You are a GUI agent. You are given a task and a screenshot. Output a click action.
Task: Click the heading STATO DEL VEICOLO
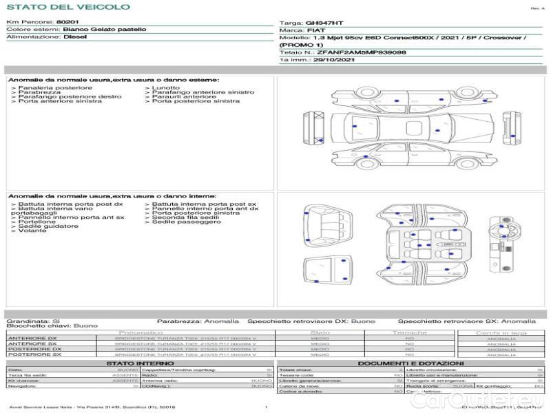pyautogui.click(x=67, y=8)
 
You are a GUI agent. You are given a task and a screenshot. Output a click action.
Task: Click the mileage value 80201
pyautogui.click(x=67, y=23)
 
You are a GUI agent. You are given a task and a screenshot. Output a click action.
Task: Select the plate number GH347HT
pyautogui.click(x=324, y=23)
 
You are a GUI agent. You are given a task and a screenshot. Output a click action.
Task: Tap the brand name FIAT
pyautogui.click(x=311, y=31)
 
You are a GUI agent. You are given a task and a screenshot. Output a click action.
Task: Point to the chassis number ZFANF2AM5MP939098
pyautogui.click(x=362, y=52)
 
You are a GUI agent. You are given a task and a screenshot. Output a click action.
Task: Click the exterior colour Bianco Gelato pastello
pyautogui.click(x=104, y=30)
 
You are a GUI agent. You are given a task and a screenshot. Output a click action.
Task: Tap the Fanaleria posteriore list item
pyautogui.click(x=52, y=88)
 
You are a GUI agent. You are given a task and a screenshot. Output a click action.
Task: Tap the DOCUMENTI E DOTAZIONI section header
pyautogui.click(x=410, y=363)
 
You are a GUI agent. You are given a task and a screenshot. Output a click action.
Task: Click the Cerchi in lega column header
pyautogui.click(x=501, y=332)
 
